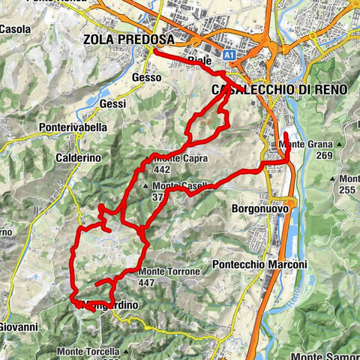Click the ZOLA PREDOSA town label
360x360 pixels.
pyautogui.click(x=129, y=39)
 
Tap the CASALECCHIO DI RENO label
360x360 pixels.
pyautogui.click(x=280, y=89)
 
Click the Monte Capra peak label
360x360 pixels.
pyautogui.click(x=180, y=159)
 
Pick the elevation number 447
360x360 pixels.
pyautogui.click(x=146, y=283)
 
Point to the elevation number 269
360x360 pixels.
pyautogui.click(x=324, y=155)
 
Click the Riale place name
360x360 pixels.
pyautogui.click(x=199, y=60)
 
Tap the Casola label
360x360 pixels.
pyautogui.click(x=14, y=30)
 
